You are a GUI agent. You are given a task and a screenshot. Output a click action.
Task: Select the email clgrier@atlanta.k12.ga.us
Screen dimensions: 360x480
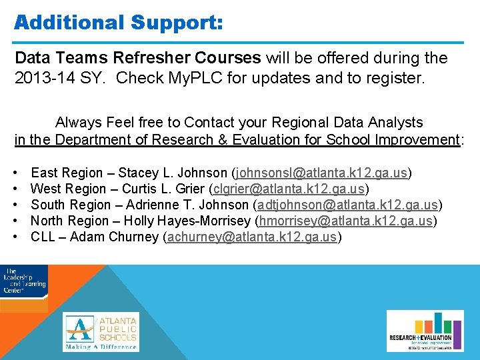coord(289,189)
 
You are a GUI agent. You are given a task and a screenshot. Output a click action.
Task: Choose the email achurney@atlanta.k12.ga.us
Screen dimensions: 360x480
coord(253,237)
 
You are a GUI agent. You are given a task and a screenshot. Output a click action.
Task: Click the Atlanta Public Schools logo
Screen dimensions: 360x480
coord(101,332)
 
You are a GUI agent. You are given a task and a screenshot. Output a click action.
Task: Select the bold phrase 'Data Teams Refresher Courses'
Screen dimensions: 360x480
coord(138,58)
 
